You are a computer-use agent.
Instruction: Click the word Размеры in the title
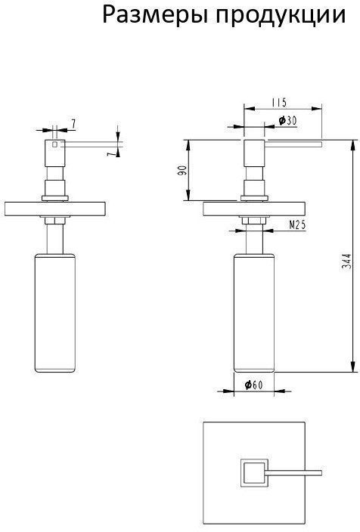pyautogui.click(x=154, y=16)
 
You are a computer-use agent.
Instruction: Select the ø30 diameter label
pyautogui.click(x=287, y=120)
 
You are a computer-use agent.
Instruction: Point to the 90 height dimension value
pyautogui.click(x=182, y=170)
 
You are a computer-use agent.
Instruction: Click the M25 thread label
pyautogui.click(x=297, y=224)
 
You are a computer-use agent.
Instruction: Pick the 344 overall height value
pyautogui.click(x=346, y=261)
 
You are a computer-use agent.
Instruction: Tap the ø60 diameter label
pyautogui.click(x=253, y=385)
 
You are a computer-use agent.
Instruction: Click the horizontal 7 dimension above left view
pyautogui.click(x=73, y=124)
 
